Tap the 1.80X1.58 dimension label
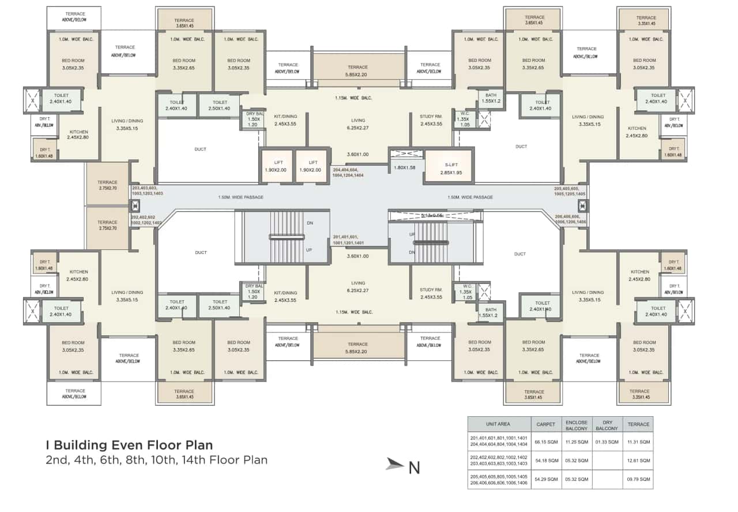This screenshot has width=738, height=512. (x=405, y=167)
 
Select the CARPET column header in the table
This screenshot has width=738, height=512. (x=545, y=424)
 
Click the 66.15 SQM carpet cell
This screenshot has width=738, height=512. (x=545, y=442)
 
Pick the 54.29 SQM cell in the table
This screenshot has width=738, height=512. (x=545, y=480)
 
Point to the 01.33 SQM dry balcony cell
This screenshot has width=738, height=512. (x=607, y=442)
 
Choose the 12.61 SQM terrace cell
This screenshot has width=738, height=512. (x=638, y=461)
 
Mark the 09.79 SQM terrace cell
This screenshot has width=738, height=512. (x=638, y=480)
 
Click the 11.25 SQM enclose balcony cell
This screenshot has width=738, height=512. (x=576, y=442)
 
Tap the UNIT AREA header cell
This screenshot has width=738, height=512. (x=498, y=424)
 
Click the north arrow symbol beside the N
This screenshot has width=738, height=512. (x=395, y=464)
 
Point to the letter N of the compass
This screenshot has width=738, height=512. (x=414, y=467)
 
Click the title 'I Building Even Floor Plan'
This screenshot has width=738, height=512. (x=129, y=445)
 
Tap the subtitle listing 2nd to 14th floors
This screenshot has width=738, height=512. (x=157, y=460)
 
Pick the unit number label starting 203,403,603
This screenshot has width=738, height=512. (x=148, y=191)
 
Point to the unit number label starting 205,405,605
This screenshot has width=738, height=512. (x=570, y=191)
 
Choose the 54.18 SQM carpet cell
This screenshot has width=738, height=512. (x=545, y=461)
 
